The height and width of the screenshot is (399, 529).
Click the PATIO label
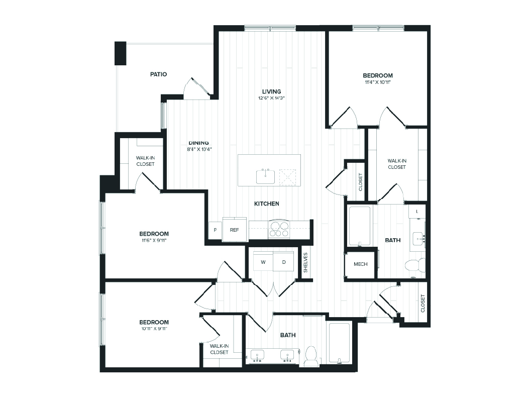(158, 74)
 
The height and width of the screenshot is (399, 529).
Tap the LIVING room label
(271, 91)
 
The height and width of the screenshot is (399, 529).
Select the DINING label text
(198, 142)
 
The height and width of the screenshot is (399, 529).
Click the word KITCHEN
(266, 204)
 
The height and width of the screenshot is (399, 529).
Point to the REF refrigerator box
(234, 230)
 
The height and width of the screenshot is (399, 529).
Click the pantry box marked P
(215, 230)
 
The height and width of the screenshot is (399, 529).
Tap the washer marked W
(263, 262)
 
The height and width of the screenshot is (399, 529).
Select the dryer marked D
(284, 262)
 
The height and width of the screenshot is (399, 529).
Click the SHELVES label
(305, 261)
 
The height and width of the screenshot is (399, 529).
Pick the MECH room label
(360, 264)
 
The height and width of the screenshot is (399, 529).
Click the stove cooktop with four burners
(279, 229)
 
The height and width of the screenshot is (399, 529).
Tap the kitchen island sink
(265, 176)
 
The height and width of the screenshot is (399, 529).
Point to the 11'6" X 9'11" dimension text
(153, 240)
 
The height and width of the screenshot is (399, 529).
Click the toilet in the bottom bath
(311, 356)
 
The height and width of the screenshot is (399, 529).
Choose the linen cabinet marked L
(417, 212)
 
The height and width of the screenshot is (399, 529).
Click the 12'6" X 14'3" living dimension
(271, 98)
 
